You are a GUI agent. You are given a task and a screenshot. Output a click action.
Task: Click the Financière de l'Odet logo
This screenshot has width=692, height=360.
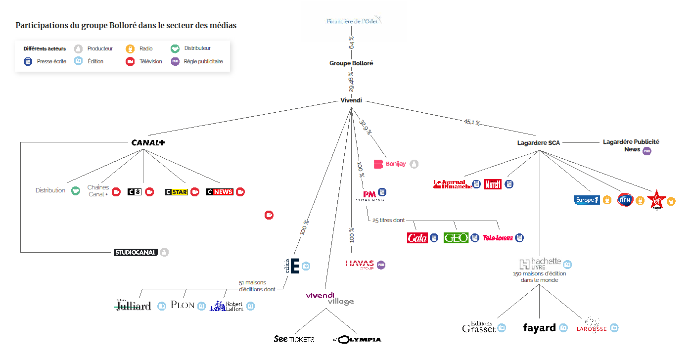point(354,21)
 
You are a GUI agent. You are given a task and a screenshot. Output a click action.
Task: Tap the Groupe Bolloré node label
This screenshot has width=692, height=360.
point(351,63)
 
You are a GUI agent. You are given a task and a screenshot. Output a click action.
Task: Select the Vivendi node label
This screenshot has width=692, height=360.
point(351,100)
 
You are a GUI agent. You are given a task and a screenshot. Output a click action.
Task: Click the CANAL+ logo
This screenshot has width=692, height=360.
point(148,142)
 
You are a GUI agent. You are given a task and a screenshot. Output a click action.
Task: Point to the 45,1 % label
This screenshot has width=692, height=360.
point(471,122)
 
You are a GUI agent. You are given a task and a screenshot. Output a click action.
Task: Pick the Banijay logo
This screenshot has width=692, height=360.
point(390,164)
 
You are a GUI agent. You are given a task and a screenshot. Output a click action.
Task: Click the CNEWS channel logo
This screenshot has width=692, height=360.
point(220,192)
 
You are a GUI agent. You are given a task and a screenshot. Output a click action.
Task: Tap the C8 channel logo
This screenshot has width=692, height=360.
point(134,192)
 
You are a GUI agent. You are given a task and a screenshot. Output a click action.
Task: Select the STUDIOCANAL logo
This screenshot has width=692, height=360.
point(136,252)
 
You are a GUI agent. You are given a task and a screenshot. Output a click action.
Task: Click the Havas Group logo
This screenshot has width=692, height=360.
point(360,265)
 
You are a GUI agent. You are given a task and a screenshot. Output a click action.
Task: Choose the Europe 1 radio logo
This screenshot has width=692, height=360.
point(587,200)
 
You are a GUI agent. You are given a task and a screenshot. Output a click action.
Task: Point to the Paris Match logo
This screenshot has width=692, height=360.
point(493,184)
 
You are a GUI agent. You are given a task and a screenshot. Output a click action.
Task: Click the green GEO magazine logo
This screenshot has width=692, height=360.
point(456,238)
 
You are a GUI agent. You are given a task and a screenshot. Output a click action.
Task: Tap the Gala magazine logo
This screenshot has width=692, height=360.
point(417,238)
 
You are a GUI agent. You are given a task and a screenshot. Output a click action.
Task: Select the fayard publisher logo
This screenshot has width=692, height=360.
point(539,328)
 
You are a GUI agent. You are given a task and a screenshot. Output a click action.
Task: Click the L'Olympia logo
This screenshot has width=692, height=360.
point(357,339)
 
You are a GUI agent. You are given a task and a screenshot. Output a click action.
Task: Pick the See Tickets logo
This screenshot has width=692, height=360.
point(294,339)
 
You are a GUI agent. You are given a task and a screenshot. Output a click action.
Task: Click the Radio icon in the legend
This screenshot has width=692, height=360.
point(130,48)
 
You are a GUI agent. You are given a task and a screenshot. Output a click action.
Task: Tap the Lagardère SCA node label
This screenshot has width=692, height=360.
point(538,143)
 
